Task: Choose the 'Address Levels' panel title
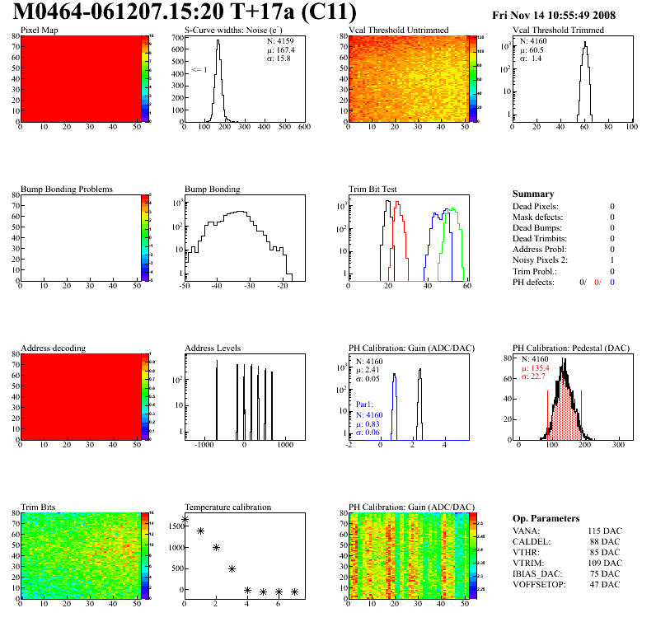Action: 213,348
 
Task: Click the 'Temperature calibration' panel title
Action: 227,507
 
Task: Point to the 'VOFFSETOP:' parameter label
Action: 539,584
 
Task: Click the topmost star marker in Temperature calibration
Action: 185,520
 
